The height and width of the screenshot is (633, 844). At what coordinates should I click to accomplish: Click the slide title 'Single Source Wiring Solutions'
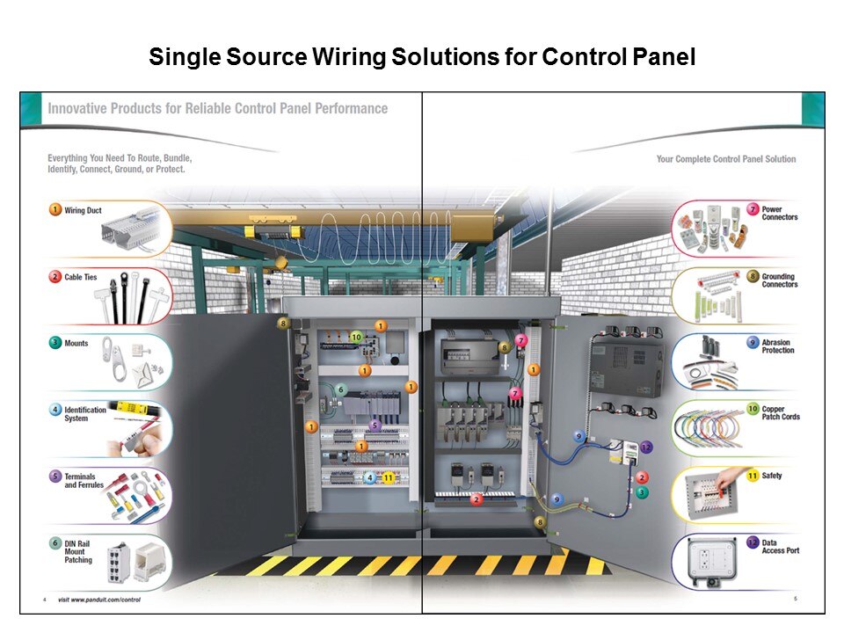click(422, 58)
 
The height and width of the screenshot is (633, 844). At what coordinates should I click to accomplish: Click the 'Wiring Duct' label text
click(82, 211)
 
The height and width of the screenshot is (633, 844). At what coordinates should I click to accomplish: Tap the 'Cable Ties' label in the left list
click(80, 278)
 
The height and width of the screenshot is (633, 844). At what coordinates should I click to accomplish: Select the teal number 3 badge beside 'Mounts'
click(55, 344)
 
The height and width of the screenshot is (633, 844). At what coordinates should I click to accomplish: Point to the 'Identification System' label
click(84, 414)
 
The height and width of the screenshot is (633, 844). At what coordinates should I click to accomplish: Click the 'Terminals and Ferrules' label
click(84, 481)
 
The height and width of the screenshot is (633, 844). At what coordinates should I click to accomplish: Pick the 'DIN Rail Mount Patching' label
click(78, 552)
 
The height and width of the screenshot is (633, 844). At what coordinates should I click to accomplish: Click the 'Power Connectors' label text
click(779, 213)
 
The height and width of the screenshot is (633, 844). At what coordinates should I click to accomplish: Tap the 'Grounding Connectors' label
click(779, 280)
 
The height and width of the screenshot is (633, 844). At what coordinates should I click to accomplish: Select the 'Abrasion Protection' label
click(777, 346)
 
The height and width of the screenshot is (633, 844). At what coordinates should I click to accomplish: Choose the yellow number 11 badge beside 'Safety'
click(753, 476)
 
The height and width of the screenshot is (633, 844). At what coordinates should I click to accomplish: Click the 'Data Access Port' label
click(780, 547)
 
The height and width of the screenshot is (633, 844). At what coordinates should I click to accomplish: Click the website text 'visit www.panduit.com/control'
click(98, 600)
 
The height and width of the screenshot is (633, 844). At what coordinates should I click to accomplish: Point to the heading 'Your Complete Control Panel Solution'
click(725, 159)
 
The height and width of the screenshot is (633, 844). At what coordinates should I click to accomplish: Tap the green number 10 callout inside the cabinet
click(356, 337)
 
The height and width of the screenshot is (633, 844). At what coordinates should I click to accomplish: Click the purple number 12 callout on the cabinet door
click(646, 447)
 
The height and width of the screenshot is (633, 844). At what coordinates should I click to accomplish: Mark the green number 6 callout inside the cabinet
click(341, 389)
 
